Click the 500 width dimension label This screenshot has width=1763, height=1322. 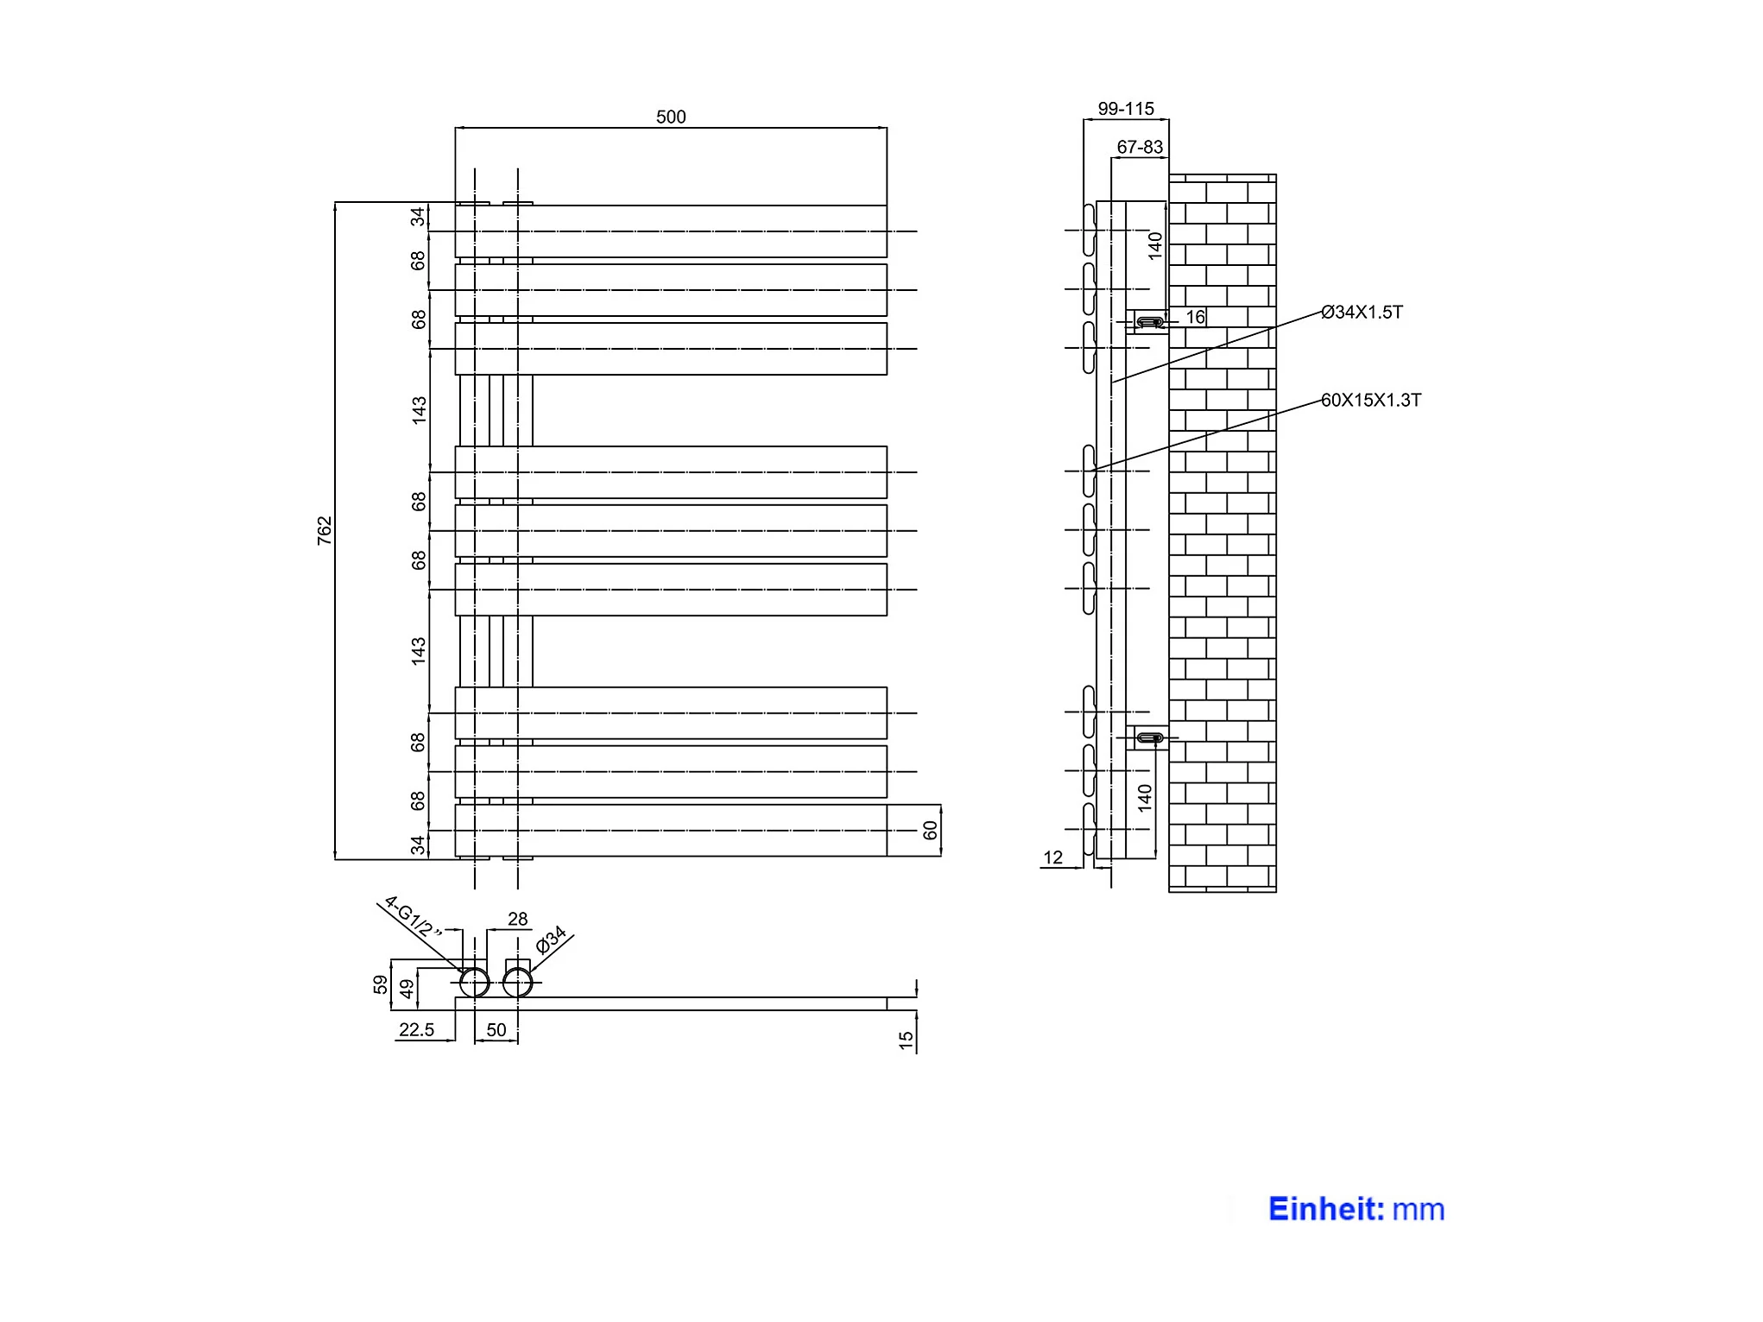671,117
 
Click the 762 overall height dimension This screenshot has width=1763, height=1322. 325,530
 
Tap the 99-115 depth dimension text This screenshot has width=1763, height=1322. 1126,109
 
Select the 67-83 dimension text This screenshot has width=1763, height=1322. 1140,147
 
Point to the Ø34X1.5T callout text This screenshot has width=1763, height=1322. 1362,312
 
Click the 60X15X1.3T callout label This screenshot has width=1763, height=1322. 1371,400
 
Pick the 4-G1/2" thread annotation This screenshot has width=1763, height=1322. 413,917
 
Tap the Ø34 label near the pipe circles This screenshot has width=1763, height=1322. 550,939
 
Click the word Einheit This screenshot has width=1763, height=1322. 1326,1209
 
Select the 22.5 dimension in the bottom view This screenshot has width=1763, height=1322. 416,1029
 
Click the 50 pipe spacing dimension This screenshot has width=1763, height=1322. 496,1029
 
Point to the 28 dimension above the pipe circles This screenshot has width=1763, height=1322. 518,919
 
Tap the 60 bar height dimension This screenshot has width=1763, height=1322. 930,830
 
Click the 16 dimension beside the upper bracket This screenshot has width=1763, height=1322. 1195,317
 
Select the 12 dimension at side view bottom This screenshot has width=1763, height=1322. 1052,857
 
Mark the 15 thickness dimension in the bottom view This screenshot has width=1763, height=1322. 906,1041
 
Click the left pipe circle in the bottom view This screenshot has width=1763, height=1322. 474,983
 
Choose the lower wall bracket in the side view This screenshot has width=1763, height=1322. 1149,737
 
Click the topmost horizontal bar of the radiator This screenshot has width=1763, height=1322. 671,231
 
